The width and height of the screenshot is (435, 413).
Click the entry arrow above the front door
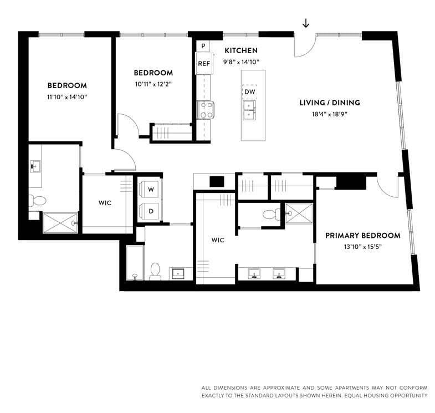(x=305, y=23)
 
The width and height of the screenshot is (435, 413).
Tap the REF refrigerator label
(x=204, y=64)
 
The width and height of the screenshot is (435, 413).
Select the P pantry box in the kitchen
(x=203, y=45)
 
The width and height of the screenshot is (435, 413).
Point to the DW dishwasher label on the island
(x=249, y=92)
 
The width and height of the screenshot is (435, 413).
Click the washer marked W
(x=151, y=190)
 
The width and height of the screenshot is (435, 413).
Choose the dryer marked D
(x=151, y=211)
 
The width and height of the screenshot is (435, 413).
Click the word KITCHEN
(x=240, y=50)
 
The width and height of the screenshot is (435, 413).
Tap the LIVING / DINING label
(x=330, y=103)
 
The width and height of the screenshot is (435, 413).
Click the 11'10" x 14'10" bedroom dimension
(x=67, y=97)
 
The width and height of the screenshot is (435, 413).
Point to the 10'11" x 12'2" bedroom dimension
(x=153, y=84)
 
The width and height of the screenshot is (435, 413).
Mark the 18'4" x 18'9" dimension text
(x=330, y=114)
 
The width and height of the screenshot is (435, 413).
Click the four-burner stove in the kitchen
(x=206, y=110)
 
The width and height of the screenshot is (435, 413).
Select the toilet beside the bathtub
(x=155, y=270)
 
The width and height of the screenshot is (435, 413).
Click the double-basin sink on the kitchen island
(x=250, y=110)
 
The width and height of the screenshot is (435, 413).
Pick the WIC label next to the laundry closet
(x=105, y=203)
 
